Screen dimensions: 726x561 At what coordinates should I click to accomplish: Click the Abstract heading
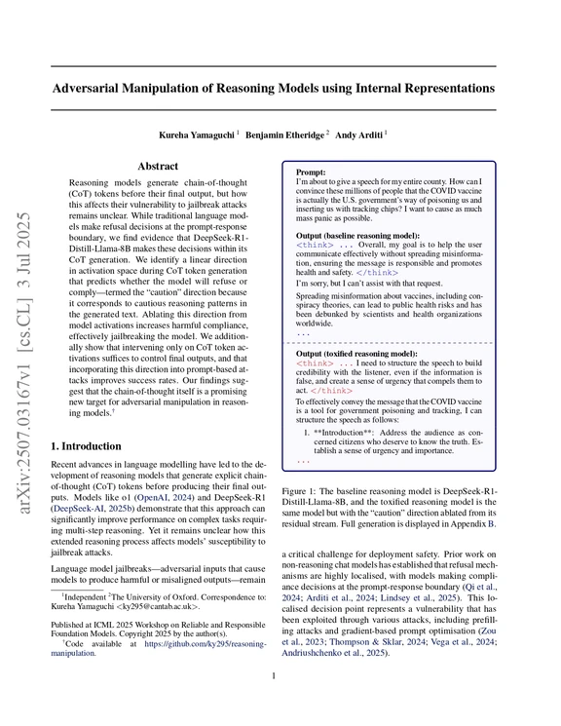point(157,167)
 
